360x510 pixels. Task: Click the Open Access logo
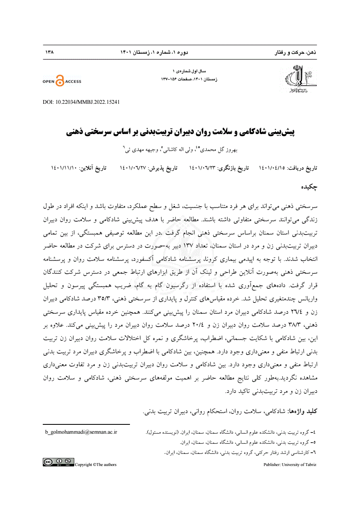[x=62, y=81]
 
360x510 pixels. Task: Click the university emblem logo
[x=301, y=78]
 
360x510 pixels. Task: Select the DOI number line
[x=81, y=102]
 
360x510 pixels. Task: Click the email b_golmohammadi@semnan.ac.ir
[x=81, y=432]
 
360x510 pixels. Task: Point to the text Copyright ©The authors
[x=96, y=464]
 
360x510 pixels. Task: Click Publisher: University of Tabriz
[x=290, y=464]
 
